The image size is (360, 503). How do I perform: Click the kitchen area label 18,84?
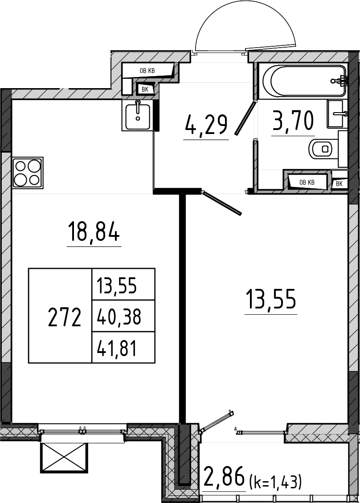(94, 232)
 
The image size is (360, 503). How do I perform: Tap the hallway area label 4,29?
(206, 126)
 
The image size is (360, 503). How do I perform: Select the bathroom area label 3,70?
(293, 120)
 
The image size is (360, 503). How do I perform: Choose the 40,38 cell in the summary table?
(119, 316)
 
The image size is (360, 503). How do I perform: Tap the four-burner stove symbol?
(28, 173)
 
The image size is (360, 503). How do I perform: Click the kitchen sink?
(137, 115)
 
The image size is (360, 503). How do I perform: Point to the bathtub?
(304, 81)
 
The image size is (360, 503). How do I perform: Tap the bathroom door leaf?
(245, 118)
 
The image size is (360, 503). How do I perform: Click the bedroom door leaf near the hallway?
(221, 203)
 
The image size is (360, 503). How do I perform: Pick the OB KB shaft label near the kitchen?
(147, 71)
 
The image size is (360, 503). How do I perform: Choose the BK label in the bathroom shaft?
(340, 184)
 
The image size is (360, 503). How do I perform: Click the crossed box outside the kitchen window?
(64, 458)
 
